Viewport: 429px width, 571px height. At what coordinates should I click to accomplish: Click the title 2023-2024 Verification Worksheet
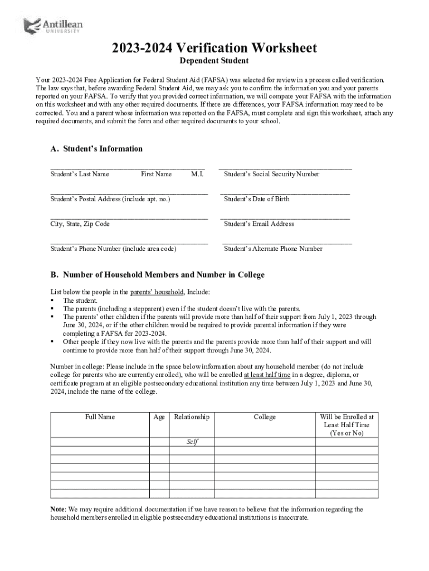214,48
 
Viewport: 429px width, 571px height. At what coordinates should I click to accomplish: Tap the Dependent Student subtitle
214,61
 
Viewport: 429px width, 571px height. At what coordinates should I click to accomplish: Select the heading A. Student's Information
96,149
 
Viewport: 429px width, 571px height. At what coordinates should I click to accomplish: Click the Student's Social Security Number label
271,174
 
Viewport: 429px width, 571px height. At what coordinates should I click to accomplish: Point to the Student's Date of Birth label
256,199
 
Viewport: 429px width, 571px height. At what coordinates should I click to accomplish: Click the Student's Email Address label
259,224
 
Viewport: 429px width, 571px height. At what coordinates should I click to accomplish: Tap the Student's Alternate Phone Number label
273,249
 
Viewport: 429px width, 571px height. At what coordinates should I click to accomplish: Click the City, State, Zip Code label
80,224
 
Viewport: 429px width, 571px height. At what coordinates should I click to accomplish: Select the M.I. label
197,174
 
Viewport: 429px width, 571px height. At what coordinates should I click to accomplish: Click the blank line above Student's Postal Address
129,192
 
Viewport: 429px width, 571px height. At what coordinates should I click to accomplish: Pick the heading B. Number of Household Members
158,275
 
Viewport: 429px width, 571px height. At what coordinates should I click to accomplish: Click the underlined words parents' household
157,292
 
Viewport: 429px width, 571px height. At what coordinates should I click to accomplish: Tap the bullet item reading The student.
80,301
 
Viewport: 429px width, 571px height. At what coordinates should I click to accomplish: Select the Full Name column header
100,417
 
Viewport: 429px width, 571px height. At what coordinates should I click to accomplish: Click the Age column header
159,417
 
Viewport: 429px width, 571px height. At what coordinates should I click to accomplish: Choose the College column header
265,417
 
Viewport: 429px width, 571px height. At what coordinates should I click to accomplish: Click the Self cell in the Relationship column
192,442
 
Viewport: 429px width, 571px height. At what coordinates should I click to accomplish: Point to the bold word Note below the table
57,509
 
